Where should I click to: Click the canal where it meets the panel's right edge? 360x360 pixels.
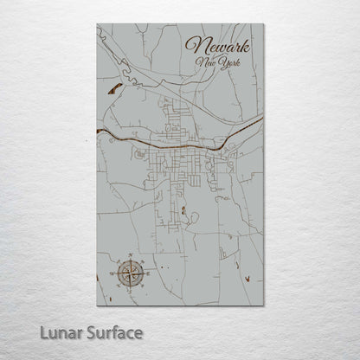[x=260, y=122]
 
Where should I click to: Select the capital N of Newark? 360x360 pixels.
[x=193, y=45]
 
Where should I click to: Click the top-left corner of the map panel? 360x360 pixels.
[x=97, y=25]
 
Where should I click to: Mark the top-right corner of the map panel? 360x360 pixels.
[x=262, y=25]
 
